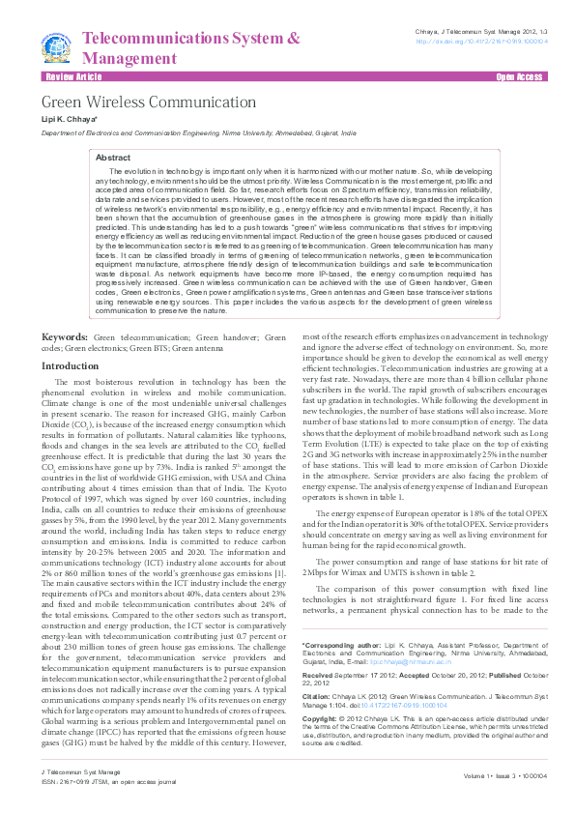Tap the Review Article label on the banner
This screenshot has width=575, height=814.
click(72, 75)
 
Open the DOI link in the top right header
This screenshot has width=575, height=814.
click(481, 43)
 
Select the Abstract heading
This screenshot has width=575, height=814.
click(113, 157)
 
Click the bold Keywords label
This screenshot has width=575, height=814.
click(65, 337)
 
